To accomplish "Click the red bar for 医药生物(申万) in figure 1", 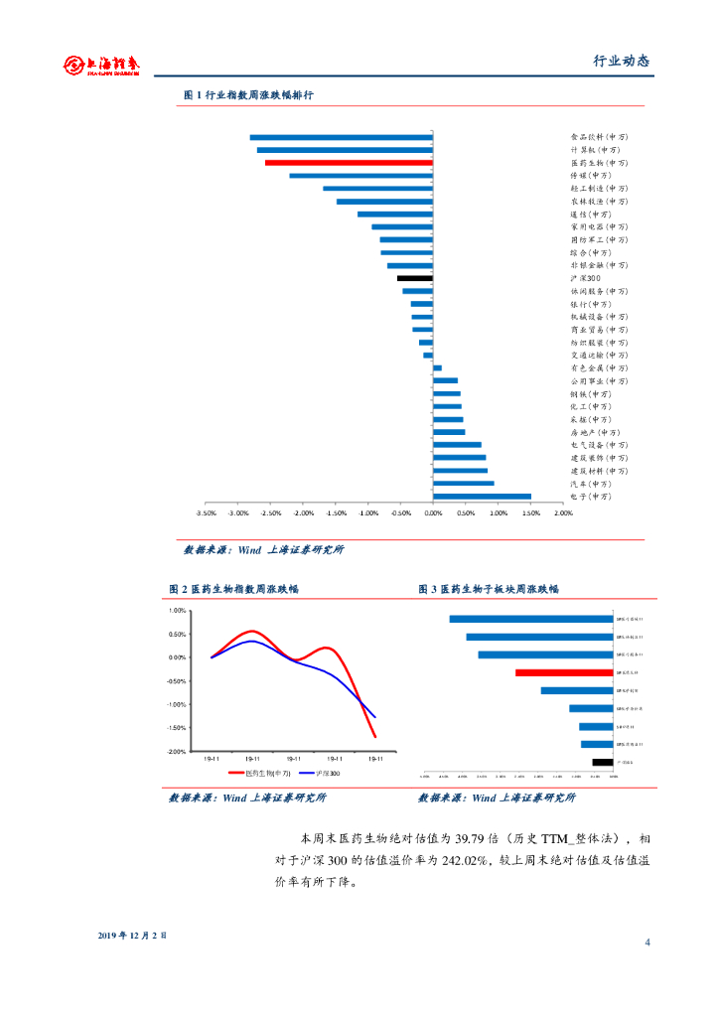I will tap(349, 162).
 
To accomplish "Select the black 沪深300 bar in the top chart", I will tap(415, 278).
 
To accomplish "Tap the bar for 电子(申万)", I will tap(482, 497).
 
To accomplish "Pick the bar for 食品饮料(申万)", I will tap(341, 137).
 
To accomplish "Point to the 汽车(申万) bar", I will tap(463, 484).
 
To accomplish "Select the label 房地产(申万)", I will tap(595, 432).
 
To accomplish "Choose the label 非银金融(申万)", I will tap(599, 265).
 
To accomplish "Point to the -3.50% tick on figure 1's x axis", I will tap(207, 514).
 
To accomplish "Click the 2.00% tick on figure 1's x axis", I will tap(562, 514).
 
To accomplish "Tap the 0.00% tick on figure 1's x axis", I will tap(433, 514).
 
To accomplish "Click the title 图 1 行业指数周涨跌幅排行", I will tap(248, 95).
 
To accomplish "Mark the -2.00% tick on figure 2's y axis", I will tap(178, 752).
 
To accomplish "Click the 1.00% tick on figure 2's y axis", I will tap(179, 611).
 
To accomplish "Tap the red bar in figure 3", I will tap(564, 672).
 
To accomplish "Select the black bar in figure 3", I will tap(602, 762).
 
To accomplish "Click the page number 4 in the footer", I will tap(647, 943).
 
